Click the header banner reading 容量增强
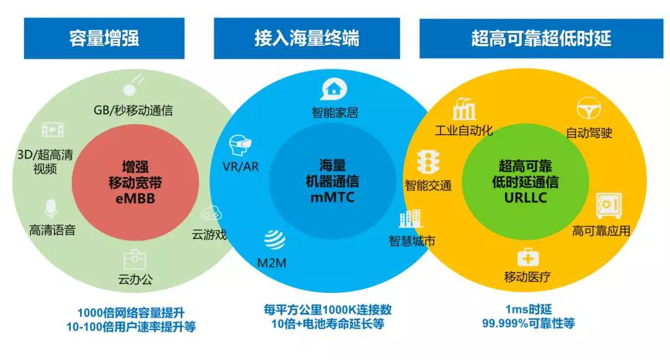104,38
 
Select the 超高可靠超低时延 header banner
541,38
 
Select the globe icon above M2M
274,240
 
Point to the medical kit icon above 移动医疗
527,257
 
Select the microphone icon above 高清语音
51,209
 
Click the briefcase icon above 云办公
135,259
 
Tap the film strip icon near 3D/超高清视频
53,130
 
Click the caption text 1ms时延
528,308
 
